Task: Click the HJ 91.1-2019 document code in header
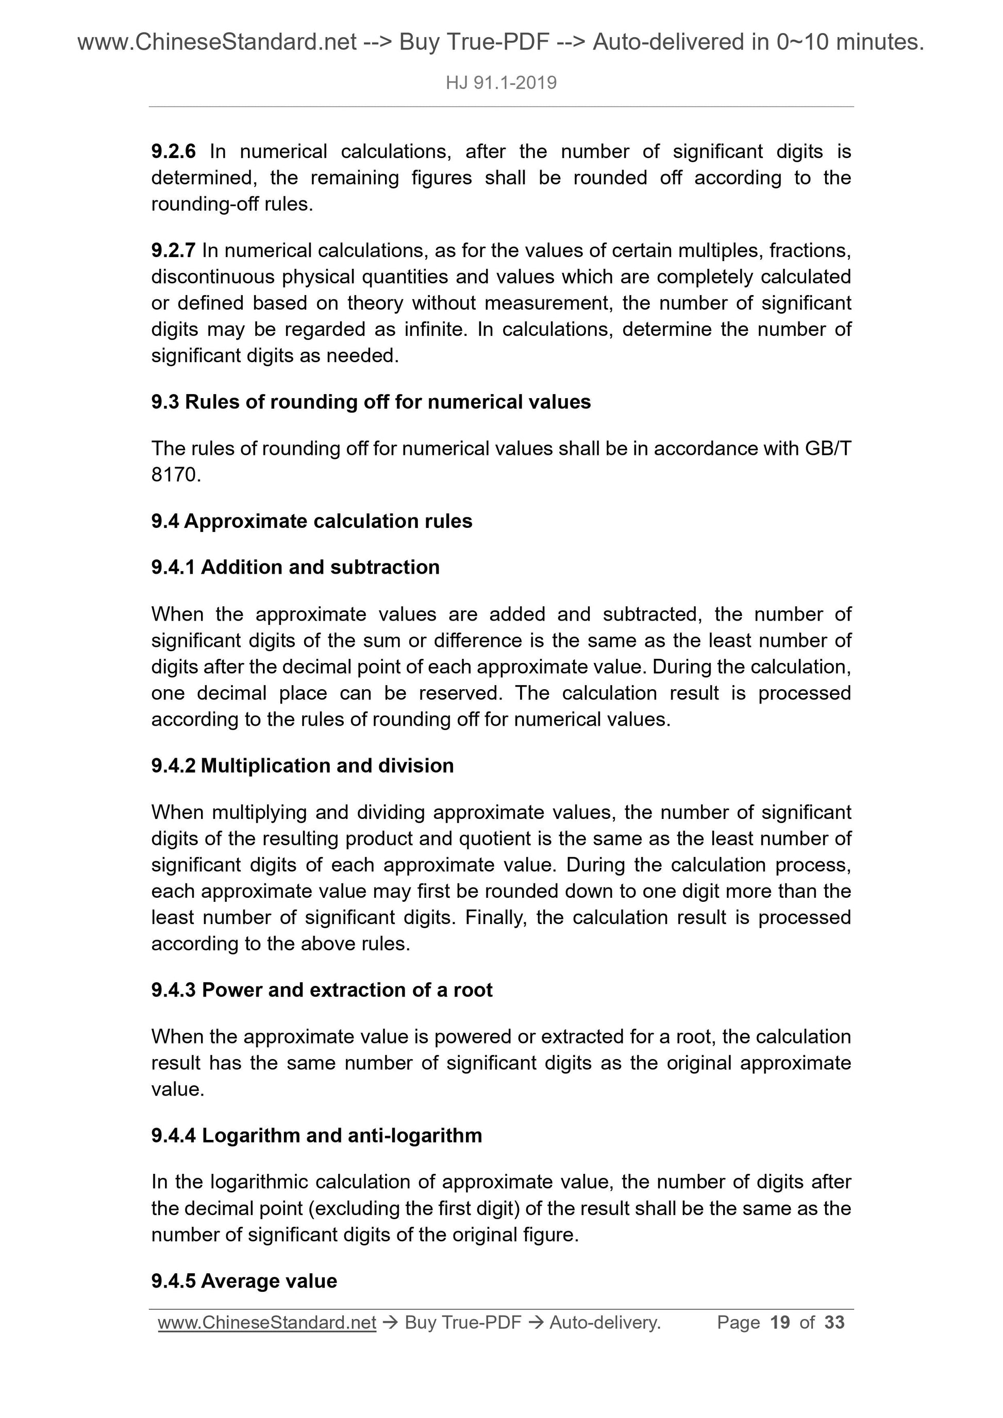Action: [501, 83]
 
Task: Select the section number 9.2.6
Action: [173, 151]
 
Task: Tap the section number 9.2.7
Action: [173, 250]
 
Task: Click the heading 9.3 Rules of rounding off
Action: [371, 402]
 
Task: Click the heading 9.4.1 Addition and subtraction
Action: [295, 567]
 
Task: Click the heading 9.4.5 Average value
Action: [244, 1281]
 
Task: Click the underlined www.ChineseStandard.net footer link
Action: [267, 1322]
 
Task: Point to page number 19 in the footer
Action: [780, 1322]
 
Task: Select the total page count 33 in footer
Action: [834, 1322]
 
